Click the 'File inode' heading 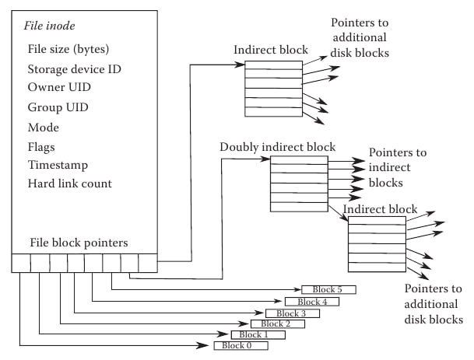coord(50,27)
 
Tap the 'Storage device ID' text coord(74,68)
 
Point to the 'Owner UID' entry coord(58,88)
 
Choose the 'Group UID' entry coord(58,107)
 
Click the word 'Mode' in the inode coord(44,127)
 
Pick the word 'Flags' coord(43,146)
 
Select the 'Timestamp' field coord(58,165)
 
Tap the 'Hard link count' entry coord(70,184)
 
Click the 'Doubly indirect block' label coord(278,146)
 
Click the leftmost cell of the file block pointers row coord(21,263)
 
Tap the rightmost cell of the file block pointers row coord(148,263)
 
